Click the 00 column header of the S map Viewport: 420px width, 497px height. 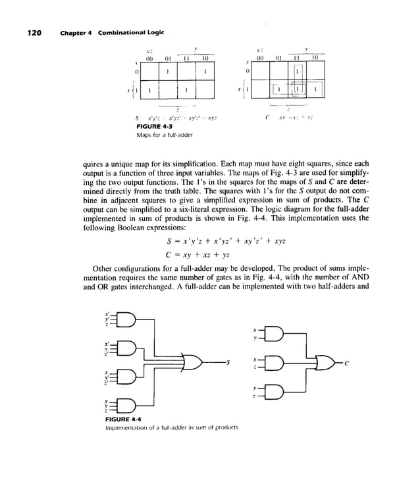[x=150, y=58]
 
